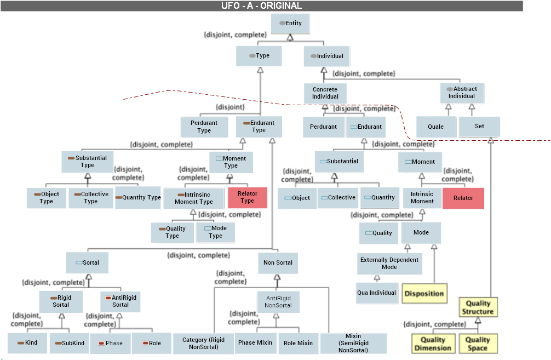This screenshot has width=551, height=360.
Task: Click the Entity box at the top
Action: (290, 24)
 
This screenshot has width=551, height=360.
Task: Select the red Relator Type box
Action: (248, 197)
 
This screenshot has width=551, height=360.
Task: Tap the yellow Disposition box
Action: (424, 293)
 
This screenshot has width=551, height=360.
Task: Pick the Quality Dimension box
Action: (433, 344)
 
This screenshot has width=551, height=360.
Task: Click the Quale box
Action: (436, 127)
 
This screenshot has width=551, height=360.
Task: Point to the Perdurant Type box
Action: (204, 127)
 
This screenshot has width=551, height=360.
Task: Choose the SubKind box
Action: (70, 343)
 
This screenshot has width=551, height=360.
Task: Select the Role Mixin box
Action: (298, 343)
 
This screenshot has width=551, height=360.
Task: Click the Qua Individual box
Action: (376, 293)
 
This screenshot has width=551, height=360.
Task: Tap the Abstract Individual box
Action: (462, 93)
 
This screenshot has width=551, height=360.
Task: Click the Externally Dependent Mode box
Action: (389, 264)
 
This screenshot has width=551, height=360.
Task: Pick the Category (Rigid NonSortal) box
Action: (202, 344)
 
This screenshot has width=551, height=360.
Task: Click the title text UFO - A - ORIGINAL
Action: (261, 6)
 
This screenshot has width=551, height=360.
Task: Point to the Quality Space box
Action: (478, 344)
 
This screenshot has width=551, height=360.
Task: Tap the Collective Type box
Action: (91, 198)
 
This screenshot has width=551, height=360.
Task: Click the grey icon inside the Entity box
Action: (282, 24)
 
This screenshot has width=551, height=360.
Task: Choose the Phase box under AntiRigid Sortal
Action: (111, 343)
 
